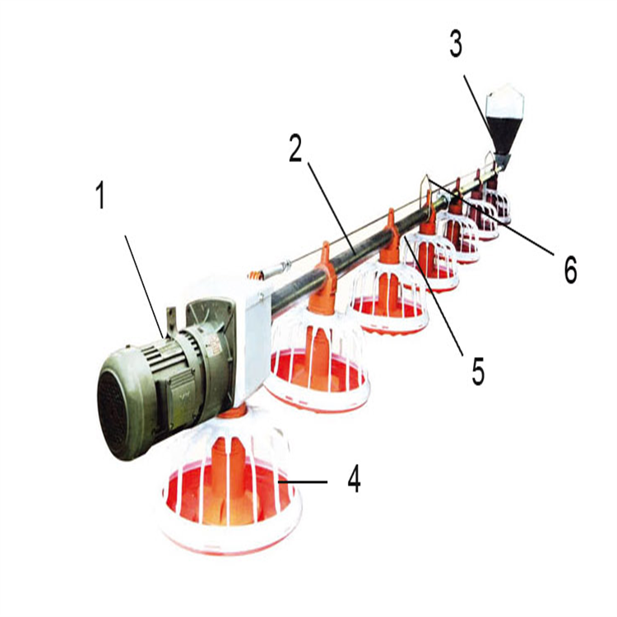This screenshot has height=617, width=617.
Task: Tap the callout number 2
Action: pyautogui.click(x=295, y=148)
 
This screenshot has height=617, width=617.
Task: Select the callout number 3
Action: pyautogui.click(x=456, y=44)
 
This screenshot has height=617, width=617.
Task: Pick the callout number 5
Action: pyautogui.click(x=478, y=371)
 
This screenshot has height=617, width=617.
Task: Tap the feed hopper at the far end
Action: pyautogui.click(x=503, y=122)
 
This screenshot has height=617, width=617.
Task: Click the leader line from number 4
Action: pyautogui.click(x=303, y=481)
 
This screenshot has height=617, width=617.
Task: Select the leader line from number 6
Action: pyautogui.click(x=489, y=216)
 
